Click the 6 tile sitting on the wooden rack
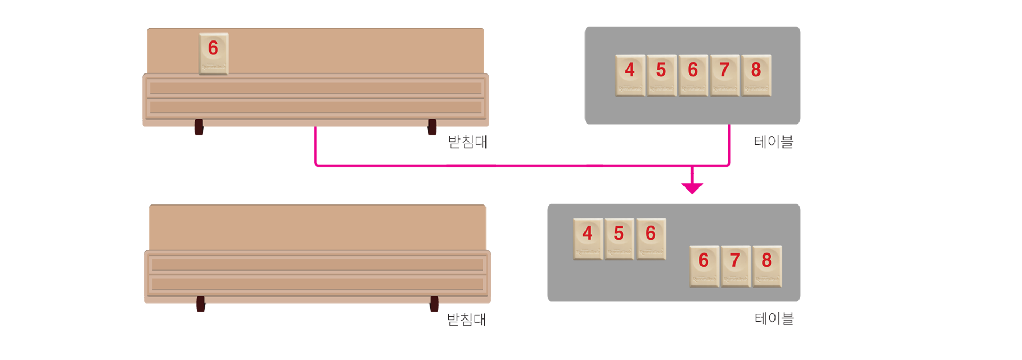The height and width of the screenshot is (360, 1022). pyautogui.click(x=213, y=53)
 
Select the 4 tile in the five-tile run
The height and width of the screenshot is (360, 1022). pyautogui.click(x=630, y=75)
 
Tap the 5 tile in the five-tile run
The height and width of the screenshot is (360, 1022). pyautogui.click(x=661, y=75)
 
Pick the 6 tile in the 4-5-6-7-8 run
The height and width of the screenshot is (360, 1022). pyautogui.click(x=693, y=75)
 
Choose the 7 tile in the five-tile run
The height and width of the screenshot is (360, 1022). pyautogui.click(x=724, y=75)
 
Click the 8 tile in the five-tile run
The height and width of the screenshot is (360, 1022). pyautogui.click(x=756, y=75)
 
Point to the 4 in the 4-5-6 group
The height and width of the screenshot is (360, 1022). pyautogui.click(x=588, y=239)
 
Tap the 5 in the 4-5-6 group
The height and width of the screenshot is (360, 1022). pyautogui.click(x=619, y=239)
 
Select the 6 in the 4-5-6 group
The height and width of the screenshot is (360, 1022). pyautogui.click(x=650, y=239)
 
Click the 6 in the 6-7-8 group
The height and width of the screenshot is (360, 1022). pyautogui.click(x=704, y=266)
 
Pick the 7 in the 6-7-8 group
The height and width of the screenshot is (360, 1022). pyautogui.click(x=735, y=266)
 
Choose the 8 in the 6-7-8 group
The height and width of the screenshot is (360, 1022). pyautogui.click(x=767, y=266)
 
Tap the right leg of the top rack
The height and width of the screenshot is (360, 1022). pyautogui.click(x=432, y=135)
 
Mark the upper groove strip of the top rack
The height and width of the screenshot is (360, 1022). pyautogui.click(x=315, y=88)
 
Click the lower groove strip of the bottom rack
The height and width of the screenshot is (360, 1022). pyautogui.click(x=317, y=284)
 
